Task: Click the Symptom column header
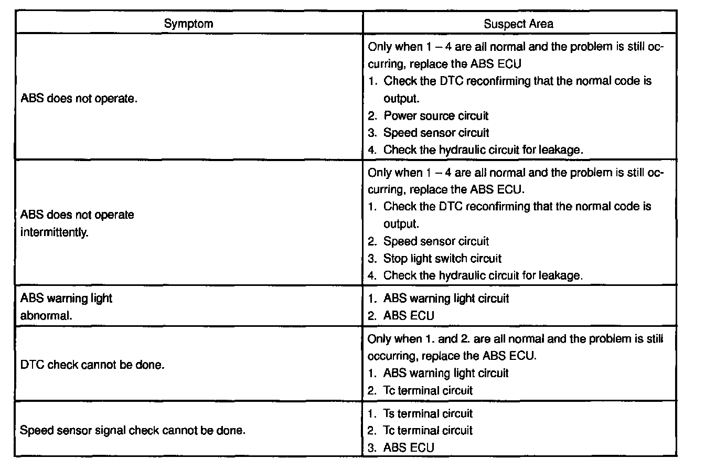[188, 24]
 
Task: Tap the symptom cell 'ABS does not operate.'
[79, 99]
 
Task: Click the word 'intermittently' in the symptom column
[54, 232]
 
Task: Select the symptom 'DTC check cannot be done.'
[92, 365]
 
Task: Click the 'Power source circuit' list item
[435, 115]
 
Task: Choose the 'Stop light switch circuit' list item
[442, 259]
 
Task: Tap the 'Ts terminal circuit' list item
[428, 413]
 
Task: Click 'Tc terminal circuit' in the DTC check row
[428, 390]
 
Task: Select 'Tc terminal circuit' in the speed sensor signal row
[428, 431]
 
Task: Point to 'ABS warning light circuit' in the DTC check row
[446, 373]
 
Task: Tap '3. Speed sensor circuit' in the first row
[435, 133]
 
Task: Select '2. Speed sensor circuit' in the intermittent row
[435, 241]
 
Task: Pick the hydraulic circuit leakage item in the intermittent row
[483, 275]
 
